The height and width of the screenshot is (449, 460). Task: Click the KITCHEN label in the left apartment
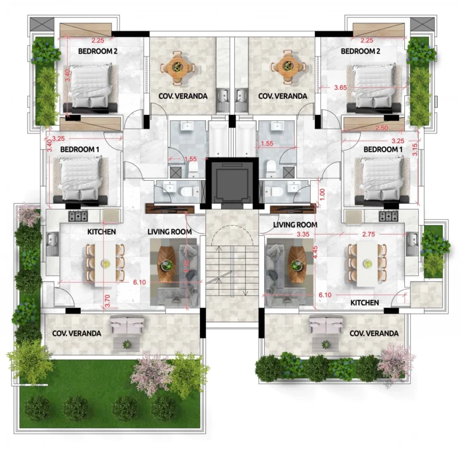point(101,231)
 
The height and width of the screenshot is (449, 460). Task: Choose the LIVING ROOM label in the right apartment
point(295,224)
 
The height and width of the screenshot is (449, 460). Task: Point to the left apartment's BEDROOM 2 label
point(98,51)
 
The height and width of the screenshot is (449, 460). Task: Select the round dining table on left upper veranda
point(178,65)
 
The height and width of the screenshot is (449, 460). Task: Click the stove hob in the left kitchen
point(78,216)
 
